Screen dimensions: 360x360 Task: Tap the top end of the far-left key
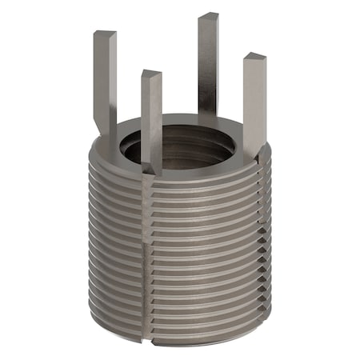coord(105,35)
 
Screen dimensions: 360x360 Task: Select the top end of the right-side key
coord(254,58)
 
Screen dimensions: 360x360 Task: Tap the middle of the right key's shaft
coord(254,104)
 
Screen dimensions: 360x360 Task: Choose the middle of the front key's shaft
coord(152,120)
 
